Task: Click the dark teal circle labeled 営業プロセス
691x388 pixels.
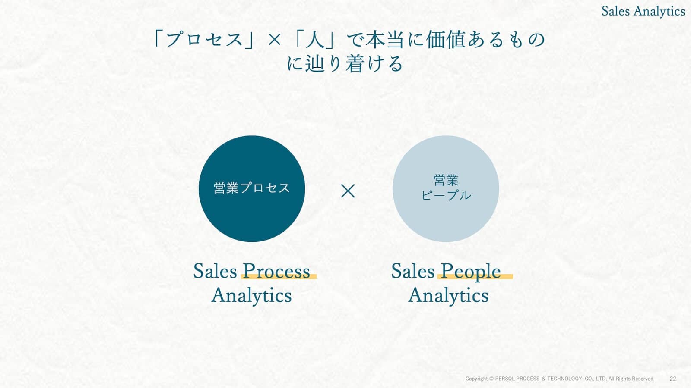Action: coord(252,189)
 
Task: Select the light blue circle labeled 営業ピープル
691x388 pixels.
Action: coord(446,189)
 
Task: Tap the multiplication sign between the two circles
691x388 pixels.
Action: coord(348,191)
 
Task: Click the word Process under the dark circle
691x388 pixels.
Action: coord(276,271)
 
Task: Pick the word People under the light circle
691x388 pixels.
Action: coord(471,271)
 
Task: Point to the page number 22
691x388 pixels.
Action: coord(673,379)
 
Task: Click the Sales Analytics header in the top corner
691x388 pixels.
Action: coord(643,11)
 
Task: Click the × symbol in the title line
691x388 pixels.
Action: coord(274,40)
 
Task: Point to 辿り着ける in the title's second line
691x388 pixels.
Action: coord(355,64)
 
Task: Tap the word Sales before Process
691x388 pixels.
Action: coord(215,271)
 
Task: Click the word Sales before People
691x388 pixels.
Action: coord(413,271)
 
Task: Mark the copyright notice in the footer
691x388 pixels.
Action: coord(560,379)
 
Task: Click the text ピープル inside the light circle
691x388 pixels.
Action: coord(446,195)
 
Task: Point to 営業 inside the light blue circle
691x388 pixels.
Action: coord(446,180)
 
